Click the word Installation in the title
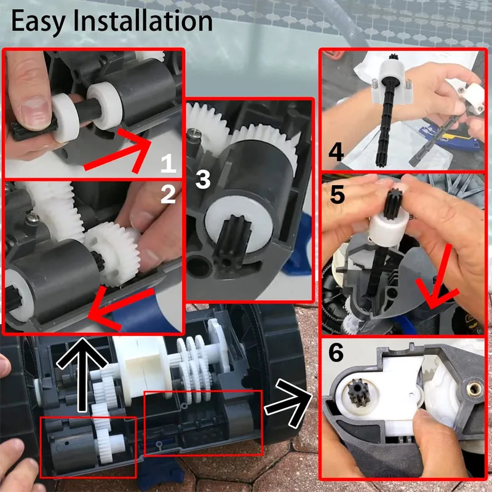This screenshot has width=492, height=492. click(143, 21)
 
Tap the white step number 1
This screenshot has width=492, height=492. click(169, 164)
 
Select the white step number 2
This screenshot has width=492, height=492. click(168, 194)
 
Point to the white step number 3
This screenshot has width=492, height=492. click(203, 180)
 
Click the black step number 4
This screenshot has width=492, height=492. click(336, 152)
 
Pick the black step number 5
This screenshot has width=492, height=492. click(337, 194)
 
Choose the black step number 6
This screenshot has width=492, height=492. click(336, 352)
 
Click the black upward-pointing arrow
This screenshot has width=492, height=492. click(82, 375)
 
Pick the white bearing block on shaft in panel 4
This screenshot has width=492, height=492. click(392, 82)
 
